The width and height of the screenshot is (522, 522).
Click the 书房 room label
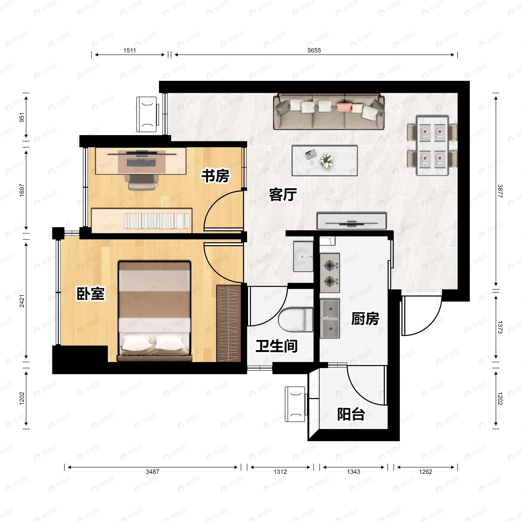coord(215,176)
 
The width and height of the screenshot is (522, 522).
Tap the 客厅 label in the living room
coord(283,194)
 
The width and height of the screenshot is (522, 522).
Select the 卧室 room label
coord(90,293)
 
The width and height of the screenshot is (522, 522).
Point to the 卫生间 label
coord(276,346)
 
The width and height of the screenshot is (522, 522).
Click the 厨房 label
coord(365,319)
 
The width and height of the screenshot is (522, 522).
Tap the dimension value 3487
coord(152,472)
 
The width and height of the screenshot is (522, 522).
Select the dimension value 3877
coord(500,191)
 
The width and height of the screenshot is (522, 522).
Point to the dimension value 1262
coord(426,472)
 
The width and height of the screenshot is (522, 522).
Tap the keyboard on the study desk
coord(141,163)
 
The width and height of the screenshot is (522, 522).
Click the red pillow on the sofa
coord(344,107)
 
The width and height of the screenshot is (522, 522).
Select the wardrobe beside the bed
coord(229,323)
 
